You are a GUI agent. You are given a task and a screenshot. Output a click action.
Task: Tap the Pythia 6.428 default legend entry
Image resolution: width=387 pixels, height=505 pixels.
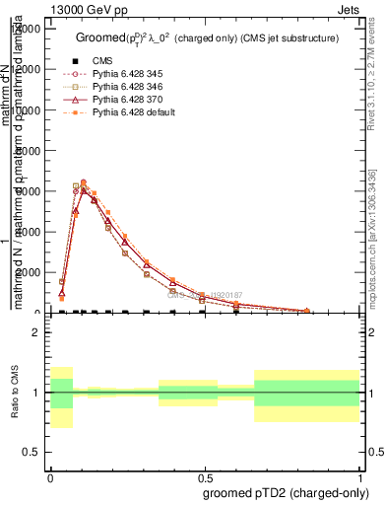coord(136,112)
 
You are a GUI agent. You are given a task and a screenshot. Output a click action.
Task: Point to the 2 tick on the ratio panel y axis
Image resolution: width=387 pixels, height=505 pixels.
coord(36,333)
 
